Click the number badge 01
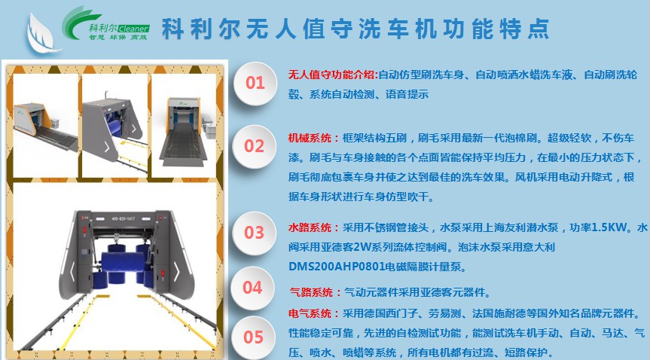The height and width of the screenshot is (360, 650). point(255,84)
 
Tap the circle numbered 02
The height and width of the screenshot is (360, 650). point(254,146)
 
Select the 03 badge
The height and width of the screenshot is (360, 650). point(254,233)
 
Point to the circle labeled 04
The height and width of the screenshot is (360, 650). point(252,288)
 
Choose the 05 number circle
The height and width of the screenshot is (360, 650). point(253,337)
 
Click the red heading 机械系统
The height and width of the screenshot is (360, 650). point(310,138)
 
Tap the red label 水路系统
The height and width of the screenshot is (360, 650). point(310,227)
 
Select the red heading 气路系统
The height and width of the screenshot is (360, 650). point(311,292)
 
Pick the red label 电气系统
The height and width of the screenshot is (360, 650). point(310,313)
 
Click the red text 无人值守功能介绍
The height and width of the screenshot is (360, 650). point(331,75)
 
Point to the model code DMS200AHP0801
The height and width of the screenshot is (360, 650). point(337,267)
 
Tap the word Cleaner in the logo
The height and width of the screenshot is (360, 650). point(133,29)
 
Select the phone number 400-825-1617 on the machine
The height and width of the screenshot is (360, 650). point(123,218)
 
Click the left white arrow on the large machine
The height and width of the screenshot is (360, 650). point(72,272)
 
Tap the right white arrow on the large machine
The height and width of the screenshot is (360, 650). point(176,272)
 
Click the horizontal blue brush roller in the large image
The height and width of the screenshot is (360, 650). point(123,261)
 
